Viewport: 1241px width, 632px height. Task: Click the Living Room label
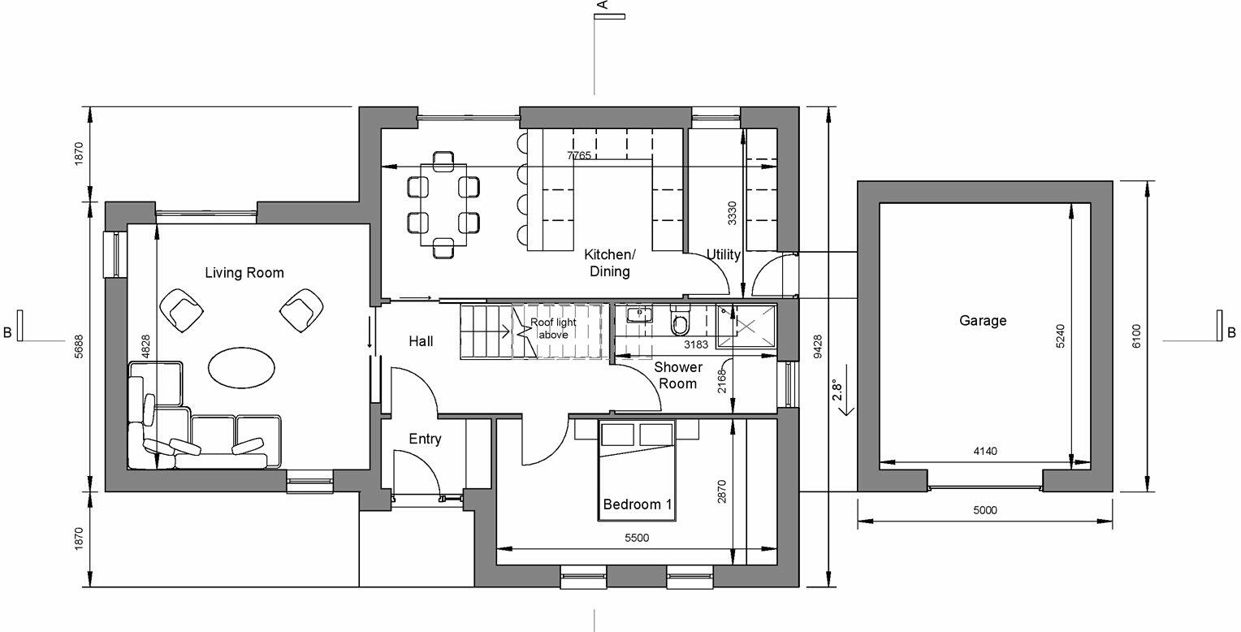pyautogui.click(x=244, y=273)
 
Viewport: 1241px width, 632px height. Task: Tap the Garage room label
pyautogui.click(x=983, y=321)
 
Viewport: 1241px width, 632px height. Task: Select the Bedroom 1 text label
pyautogui.click(x=638, y=504)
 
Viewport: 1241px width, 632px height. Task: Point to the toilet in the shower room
pyautogui.click(x=680, y=323)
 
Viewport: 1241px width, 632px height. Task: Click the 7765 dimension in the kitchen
pyautogui.click(x=579, y=155)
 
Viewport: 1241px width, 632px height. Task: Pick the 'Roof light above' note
pyautogui.click(x=553, y=328)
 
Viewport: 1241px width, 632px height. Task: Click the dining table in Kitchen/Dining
pyautogui.click(x=443, y=205)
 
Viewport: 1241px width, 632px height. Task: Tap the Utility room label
pyautogui.click(x=723, y=255)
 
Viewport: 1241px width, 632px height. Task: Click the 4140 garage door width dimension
pyautogui.click(x=984, y=452)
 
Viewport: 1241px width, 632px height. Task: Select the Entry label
pyautogui.click(x=425, y=439)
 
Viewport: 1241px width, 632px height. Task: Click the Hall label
pyautogui.click(x=421, y=342)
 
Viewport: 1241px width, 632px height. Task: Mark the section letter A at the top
pyautogui.click(x=603, y=6)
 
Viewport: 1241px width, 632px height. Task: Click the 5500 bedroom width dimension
pyautogui.click(x=637, y=538)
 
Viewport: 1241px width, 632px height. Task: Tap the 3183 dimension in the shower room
pyautogui.click(x=696, y=344)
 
